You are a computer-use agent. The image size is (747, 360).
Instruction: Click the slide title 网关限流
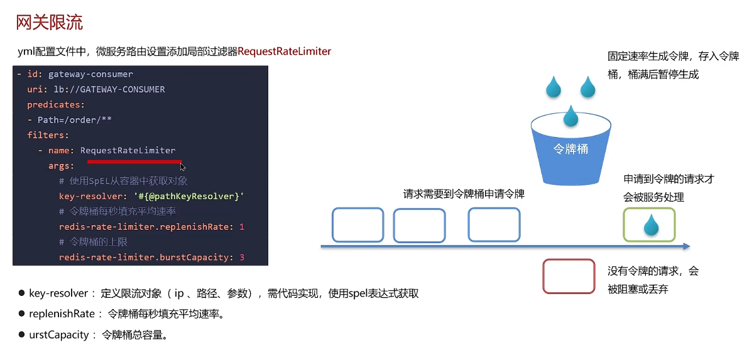coord(49,23)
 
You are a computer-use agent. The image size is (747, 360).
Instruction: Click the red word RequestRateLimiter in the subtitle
coord(284,52)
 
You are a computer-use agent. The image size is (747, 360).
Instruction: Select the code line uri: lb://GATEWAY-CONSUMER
coord(96,89)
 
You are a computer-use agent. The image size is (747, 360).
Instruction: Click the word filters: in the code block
coord(48,135)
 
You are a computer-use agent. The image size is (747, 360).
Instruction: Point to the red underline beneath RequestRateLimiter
coord(134,161)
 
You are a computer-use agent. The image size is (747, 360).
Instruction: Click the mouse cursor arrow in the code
coord(182,166)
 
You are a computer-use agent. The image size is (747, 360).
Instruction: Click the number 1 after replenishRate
coord(242,227)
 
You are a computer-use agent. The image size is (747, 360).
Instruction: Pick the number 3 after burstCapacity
coord(242,257)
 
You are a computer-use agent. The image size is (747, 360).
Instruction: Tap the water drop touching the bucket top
coord(570,116)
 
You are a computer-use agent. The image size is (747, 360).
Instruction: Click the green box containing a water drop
coord(649,224)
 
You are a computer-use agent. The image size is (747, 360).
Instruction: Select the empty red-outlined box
coord(569,276)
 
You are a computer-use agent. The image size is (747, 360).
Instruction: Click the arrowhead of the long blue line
coord(687,246)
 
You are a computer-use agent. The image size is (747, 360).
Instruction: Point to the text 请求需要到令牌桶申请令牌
coord(464,194)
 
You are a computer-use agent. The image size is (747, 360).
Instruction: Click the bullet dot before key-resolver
coord(21,293)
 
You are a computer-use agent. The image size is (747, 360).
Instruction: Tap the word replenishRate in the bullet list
coord(62,314)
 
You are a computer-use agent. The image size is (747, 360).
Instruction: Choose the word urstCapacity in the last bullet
coord(59,335)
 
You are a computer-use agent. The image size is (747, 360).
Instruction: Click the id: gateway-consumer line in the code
coord(80,74)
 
